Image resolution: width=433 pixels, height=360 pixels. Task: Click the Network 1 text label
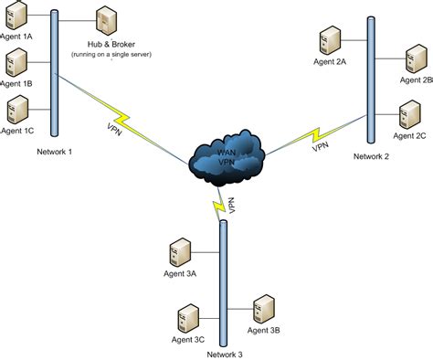55,152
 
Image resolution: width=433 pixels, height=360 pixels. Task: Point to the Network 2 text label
371,156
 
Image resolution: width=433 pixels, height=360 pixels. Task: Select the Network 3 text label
225,354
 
